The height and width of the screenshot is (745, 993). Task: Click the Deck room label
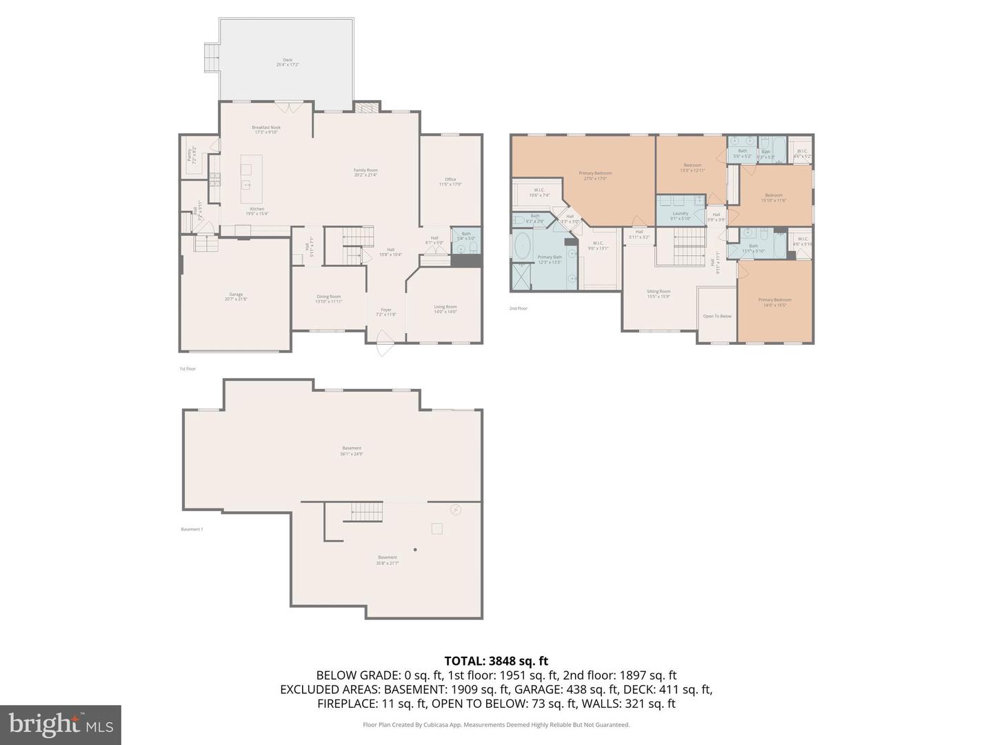288,62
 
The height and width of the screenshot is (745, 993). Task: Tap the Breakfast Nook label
266,129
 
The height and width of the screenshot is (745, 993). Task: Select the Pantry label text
192,155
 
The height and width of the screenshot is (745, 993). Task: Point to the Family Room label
365,172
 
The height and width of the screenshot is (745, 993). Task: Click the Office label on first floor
450,181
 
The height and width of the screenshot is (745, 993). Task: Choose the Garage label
236,296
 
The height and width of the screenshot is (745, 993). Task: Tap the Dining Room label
328,298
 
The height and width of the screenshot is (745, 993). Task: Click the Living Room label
445,308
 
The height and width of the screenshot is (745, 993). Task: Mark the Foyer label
386,312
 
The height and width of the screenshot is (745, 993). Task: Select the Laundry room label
680,215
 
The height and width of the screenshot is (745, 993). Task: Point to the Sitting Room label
659,293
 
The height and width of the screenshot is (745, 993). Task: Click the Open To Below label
717,316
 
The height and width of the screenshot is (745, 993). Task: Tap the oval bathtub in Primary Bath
522,245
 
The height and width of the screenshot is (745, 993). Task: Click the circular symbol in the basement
456,510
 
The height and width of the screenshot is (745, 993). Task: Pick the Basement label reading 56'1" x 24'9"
351,450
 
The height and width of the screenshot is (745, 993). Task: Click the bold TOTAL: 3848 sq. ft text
496,661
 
